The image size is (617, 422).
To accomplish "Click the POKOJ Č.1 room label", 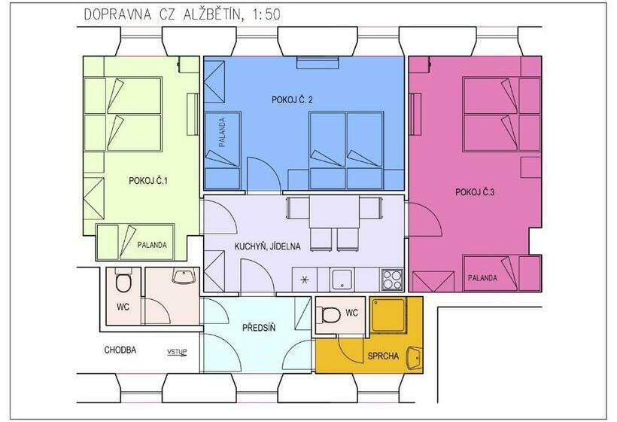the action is click(148, 181).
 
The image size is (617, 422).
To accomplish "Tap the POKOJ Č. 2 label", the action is click(292, 99).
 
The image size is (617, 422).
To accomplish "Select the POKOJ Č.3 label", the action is click(475, 192).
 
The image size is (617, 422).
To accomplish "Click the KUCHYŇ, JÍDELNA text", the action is click(267, 246).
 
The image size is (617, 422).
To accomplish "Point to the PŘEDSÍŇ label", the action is click(259, 328).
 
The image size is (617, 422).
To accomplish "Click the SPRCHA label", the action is click(383, 356).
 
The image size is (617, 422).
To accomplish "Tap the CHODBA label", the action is click(120, 350).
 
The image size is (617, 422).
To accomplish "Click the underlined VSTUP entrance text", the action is click(177, 352).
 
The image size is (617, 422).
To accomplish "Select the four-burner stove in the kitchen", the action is click(392, 280).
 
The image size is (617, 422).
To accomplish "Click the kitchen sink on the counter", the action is click(342, 280).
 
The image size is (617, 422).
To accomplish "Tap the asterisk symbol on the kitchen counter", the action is click(305, 280).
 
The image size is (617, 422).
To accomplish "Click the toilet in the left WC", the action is click(123, 280).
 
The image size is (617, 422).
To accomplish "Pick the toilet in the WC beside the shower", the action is click(330, 315).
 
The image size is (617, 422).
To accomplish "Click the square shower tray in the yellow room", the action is click(389, 314).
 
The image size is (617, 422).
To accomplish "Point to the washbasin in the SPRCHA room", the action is click(414, 358).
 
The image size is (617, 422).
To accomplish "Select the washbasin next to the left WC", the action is click(184, 277).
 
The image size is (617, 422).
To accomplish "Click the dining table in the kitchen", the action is click(334, 212).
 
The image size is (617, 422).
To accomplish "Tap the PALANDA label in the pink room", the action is click(482, 278).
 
